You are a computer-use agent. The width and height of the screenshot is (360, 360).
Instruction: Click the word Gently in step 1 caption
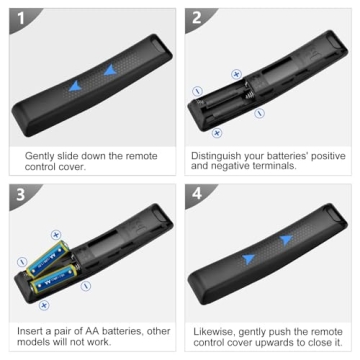point(41,155)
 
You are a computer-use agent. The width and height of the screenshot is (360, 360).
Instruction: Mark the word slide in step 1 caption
point(73,155)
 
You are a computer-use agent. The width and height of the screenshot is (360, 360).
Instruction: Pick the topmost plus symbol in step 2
point(236,74)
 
